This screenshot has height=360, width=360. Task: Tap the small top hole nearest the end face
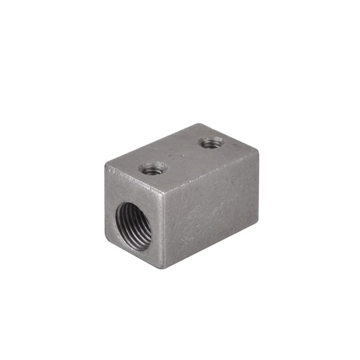pyautogui.click(x=153, y=169)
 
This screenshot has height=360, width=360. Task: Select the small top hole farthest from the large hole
pyautogui.click(x=211, y=143)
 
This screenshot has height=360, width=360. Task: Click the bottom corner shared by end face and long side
pyautogui.click(x=163, y=268)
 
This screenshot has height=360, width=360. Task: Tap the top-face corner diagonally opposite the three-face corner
pyautogui.click(x=198, y=124)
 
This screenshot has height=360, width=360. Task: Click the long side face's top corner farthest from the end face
pyautogui.click(x=258, y=152)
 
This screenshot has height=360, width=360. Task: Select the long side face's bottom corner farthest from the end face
pyautogui.click(x=257, y=221)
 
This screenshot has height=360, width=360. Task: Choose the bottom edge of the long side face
pyautogui.click(x=211, y=245)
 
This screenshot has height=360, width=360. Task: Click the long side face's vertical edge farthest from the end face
pyautogui.click(x=258, y=187)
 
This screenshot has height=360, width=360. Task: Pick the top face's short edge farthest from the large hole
pyautogui.click(x=228, y=138)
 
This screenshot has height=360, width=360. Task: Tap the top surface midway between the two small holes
pyautogui.click(x=182, y=156)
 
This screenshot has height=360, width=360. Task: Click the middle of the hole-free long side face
pyautogui.click(x=211, y=208)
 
